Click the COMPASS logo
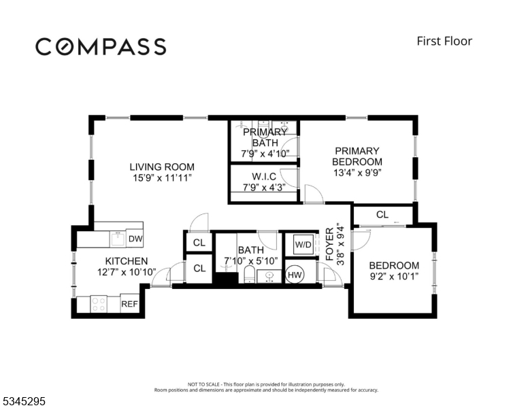point(101,46)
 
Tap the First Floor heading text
point(444,41)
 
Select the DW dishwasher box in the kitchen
point(135,239)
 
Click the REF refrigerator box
point(129,304)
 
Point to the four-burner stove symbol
point(99,305)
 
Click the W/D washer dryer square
point(303,244)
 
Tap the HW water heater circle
point(295,275)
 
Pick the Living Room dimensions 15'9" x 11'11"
point(163,177)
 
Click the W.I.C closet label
point(264,176)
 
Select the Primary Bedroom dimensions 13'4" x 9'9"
point(357,173)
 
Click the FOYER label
point(330,244)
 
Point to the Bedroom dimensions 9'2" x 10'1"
point(394,276)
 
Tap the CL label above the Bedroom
point(382,214)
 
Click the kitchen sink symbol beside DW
point(118,239)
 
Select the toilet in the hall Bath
point(248,274)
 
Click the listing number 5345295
point(24,401)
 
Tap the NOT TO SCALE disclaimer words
point(203,384)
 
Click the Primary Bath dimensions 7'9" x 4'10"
point(265,154)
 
